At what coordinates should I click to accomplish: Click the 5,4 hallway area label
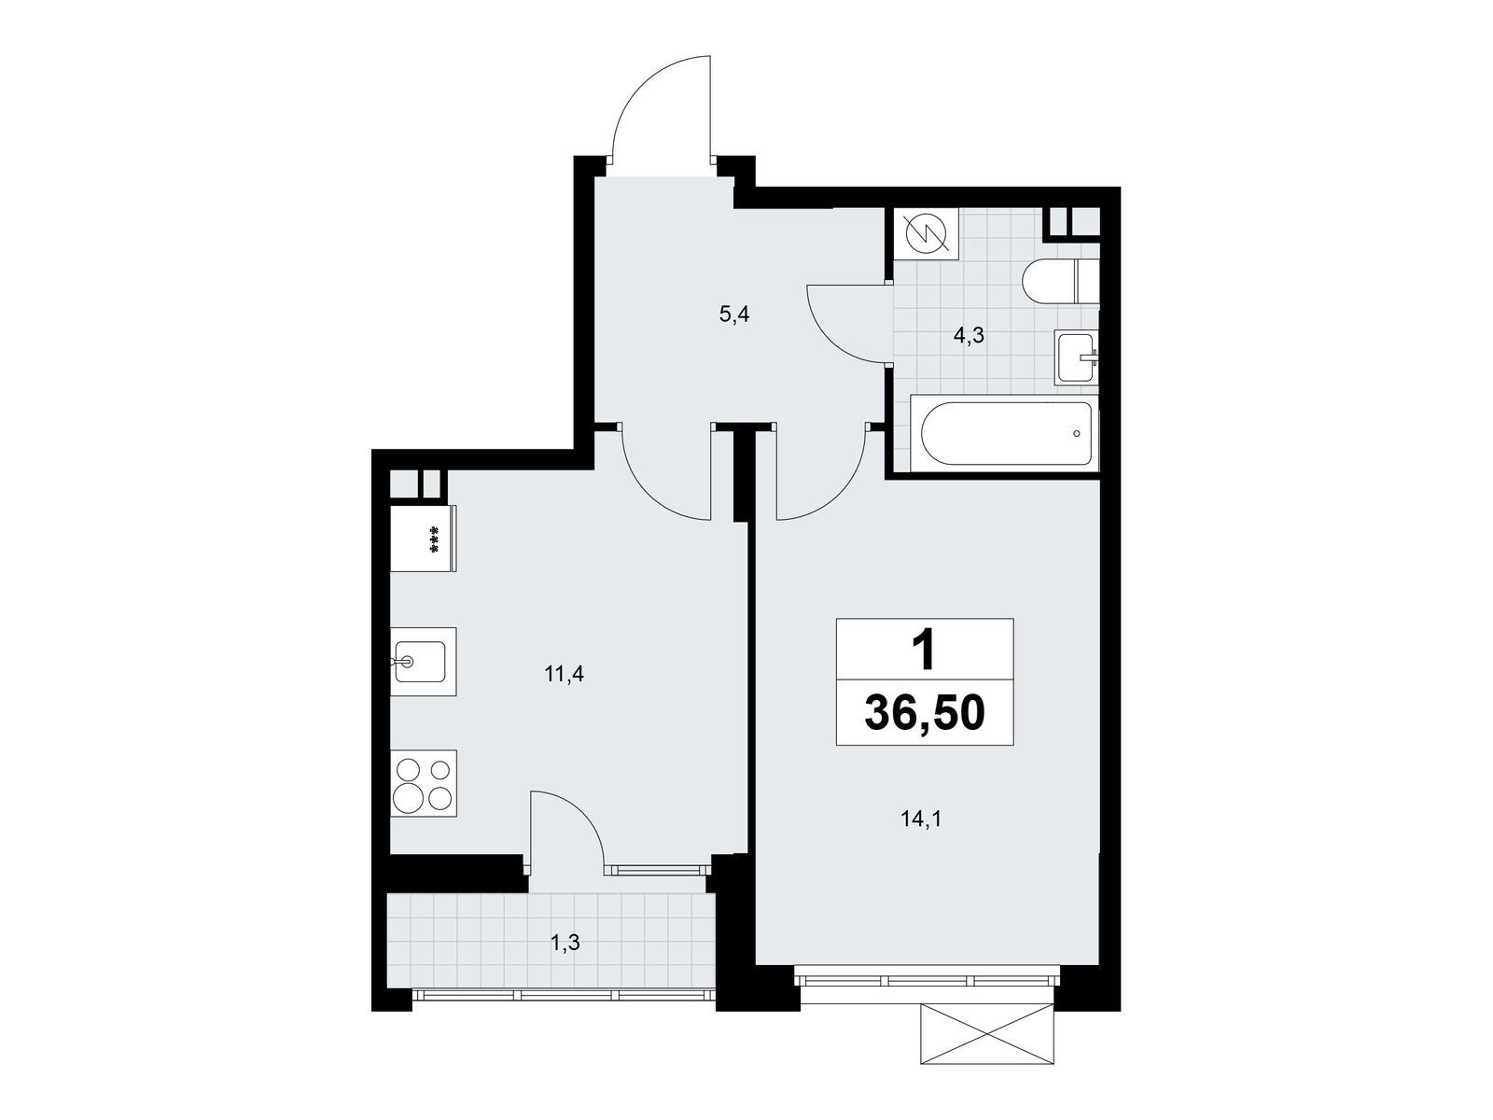[x=734, y=315]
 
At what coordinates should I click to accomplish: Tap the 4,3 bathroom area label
[x=968, y=337]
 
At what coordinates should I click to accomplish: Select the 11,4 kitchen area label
[x=564, y=674]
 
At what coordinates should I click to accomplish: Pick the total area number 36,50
[x=924, y=714]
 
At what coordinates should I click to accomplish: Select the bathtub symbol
[x=1006, y=434]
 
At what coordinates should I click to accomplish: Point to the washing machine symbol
[x=926, y=232]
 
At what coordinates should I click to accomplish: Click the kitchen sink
[x=422, y=661]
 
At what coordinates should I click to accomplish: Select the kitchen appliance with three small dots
[x=424, y=539]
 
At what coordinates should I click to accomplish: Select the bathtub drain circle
[x=1077, y=434]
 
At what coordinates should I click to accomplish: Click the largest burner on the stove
[x=411, y=798]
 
